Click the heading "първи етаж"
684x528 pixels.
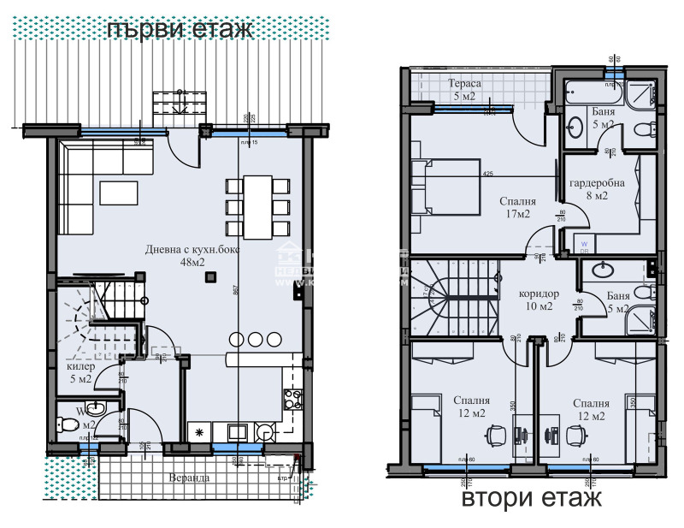180,28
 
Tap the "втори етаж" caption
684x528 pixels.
531,498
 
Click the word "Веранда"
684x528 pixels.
188,478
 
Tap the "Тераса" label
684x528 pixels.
465,83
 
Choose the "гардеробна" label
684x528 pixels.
597,182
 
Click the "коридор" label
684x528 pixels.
540,294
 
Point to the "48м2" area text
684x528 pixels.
192,262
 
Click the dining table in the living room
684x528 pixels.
257,207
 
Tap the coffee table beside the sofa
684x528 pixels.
118,193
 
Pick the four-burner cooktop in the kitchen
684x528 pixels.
292,397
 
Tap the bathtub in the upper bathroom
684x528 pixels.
588,93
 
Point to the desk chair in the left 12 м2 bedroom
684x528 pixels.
493,436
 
